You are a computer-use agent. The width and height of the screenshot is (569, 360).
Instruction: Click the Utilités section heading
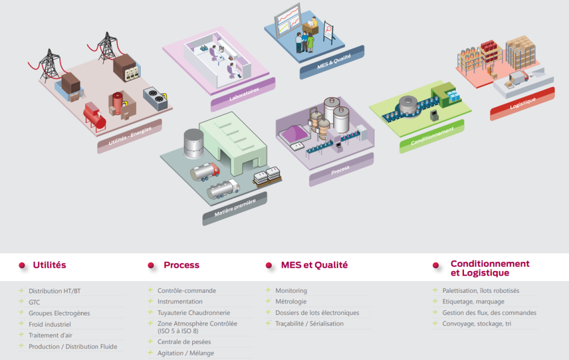click(49, 265)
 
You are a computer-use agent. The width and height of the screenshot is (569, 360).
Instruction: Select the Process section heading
click(181, 265)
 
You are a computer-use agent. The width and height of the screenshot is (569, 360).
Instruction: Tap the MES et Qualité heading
click(314, 265)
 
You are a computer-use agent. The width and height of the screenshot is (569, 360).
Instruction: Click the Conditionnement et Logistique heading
click(490, 268)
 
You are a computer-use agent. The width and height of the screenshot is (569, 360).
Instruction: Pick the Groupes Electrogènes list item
click(59, 313)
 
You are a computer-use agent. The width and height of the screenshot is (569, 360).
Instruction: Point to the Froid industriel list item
click(49, 324)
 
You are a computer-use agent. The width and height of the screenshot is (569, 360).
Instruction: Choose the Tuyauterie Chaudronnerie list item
click(193, 313)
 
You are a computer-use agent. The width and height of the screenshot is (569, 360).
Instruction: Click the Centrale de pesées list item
click(184, 342)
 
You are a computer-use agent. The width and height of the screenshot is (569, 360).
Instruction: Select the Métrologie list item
click(291, 302)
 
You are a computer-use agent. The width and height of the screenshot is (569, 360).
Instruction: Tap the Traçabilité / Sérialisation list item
click(309, 324)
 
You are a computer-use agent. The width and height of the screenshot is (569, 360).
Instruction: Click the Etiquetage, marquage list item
click(473, 302)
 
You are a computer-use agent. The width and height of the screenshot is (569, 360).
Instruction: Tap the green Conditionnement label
click(432, 136)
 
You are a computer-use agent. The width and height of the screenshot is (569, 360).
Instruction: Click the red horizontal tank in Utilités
click(94, 115)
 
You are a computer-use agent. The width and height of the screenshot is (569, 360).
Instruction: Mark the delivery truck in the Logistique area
click(517, 78)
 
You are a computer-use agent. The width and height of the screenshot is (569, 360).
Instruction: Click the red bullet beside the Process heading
click(151, 266)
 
